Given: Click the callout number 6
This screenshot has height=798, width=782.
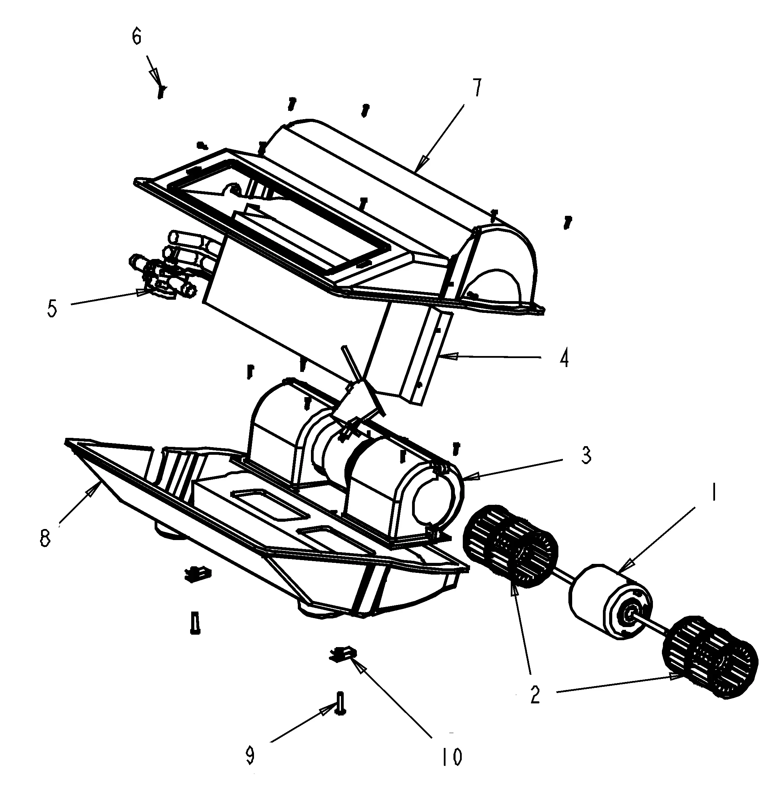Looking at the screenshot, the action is [x=137, y=37].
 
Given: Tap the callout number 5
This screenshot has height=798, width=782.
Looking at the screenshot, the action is [x=52, y=309].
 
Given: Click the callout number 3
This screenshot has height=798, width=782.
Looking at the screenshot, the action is [x=586, y=456].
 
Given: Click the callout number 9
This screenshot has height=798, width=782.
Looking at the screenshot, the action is [x=250, y=755].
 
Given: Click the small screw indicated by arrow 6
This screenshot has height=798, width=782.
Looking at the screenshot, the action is [x=162, y=92].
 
